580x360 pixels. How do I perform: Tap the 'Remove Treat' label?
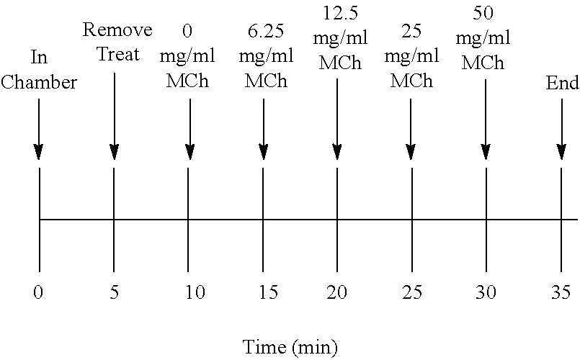117,42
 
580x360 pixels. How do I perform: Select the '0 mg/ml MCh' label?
188,56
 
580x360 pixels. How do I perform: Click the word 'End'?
561,84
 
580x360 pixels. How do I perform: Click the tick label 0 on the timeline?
38,292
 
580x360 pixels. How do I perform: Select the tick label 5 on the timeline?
114,292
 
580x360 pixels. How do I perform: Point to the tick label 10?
189,292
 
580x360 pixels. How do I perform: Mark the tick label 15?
264,292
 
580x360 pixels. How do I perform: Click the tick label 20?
337,292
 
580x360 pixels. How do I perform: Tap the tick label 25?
411,292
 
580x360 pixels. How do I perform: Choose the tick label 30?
486,292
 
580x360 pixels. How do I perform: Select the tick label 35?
561,292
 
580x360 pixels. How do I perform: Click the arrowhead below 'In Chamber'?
38,152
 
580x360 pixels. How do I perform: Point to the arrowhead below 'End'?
561,152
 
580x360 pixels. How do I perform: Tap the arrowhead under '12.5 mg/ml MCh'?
337,152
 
